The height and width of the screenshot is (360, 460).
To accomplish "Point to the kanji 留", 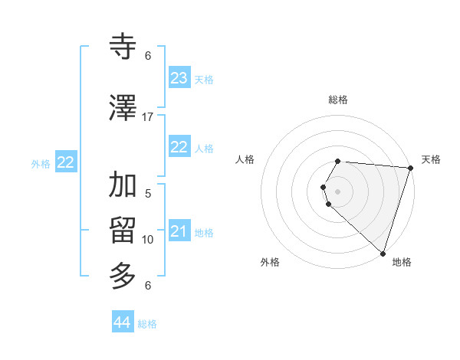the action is coord(123,230).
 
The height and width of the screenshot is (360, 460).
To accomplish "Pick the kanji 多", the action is coord(123,274).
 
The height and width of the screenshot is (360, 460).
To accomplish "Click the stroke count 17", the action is coord(147,117).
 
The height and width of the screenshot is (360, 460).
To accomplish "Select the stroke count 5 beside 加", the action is coord(148,194).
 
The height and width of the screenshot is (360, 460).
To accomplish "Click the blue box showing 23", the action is coord(179,78).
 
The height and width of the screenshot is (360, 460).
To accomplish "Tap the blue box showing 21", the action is coord(179,231).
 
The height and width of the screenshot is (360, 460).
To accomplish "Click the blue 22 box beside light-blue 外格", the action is coord(66,162).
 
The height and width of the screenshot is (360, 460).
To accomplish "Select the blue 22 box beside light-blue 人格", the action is coord(179,147).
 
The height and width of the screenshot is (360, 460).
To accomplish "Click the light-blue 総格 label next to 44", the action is coord(147,324).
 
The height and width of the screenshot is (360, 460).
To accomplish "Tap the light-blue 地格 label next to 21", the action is coord(204,233).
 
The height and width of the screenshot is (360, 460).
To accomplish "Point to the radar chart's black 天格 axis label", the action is coord(431,159).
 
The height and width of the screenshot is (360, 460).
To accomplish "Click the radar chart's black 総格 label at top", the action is coord(338,100).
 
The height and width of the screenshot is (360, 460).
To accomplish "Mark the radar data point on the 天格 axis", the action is coord(410,168).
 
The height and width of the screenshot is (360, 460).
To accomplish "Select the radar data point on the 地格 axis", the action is coord(383,253).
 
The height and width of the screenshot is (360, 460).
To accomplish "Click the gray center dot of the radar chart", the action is coord(338,191).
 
